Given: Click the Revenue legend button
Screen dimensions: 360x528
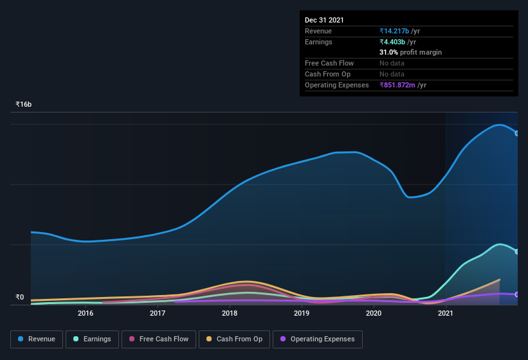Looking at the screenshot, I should pos(37,339).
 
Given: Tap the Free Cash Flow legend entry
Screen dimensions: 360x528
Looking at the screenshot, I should pos(159,339).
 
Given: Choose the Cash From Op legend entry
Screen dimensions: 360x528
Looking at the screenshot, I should pos(234,339).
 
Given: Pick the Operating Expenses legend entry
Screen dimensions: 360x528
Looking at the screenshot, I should pos(317,339).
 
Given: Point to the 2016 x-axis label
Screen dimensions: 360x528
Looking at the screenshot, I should pos(86,313).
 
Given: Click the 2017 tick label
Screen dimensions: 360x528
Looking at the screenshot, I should pos(158,313).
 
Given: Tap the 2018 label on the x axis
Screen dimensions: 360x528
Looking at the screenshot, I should pos(230,313).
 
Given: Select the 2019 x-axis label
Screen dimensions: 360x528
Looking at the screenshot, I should pos(302,313).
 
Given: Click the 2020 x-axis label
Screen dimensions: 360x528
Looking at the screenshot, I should pos(374,313).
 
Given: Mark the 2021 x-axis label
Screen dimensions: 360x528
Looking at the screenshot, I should pos(446,313).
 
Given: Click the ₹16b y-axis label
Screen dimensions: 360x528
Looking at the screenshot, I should pos(24,104).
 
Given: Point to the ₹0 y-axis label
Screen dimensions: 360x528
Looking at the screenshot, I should pos(19,297).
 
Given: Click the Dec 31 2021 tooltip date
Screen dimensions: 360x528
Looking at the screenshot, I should pos(324,20).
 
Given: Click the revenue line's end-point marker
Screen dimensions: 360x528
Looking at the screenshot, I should pos(516,133).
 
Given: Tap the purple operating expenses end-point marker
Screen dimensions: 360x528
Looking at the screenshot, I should pos(516,294).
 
